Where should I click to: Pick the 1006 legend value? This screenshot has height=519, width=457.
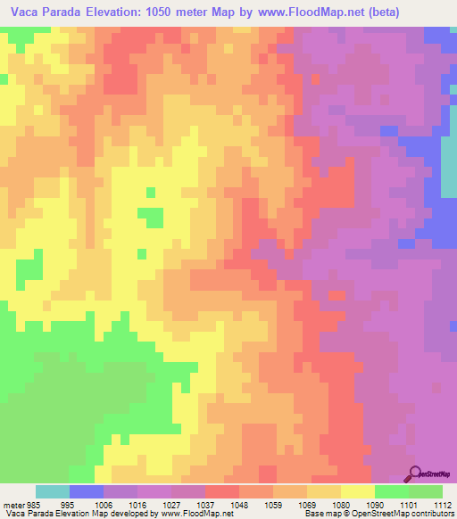(x=104, y=504)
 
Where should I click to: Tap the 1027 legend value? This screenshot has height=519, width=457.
(x=171, y=504)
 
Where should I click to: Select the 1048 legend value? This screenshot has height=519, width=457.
(x=239, y=504)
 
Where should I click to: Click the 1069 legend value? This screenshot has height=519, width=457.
(x=307, y=504)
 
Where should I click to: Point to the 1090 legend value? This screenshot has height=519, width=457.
(x=375, y=504)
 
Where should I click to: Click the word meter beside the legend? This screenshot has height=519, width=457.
(x=12, y=504)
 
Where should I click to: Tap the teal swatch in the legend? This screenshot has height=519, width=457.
(x=53, y=491)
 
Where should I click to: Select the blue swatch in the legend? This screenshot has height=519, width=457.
(x=87, y=491)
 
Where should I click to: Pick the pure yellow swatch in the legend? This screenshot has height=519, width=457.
(x=358, y=491)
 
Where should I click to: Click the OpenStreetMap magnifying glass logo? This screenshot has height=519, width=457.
(x=415, y=474)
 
